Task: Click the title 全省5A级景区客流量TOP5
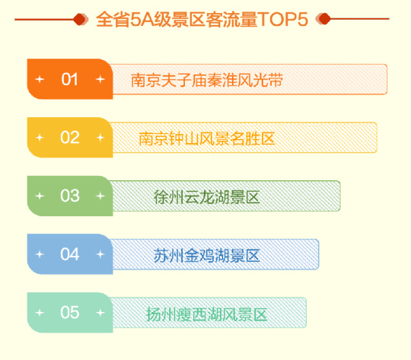point(202,19)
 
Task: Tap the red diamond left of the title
point(79,19)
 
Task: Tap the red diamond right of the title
point(324,19)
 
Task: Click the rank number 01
point(69,79)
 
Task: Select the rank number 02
point(70,138)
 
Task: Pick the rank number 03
point(70,196)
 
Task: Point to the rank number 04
point(70,254)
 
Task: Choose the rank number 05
point(70,312)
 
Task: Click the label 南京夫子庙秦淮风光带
point(207,80)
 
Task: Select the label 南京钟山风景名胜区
point(207,139)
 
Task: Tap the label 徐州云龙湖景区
point(207,197)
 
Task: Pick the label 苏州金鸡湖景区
point(207,256)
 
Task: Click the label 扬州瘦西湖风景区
point(207,314)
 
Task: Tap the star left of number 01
point(40,79)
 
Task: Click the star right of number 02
point(100,138)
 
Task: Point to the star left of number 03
point(40,196)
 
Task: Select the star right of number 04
point(100,254)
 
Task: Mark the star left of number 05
point(40,313)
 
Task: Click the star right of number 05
point(100,313)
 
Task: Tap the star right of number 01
point(100,79)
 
